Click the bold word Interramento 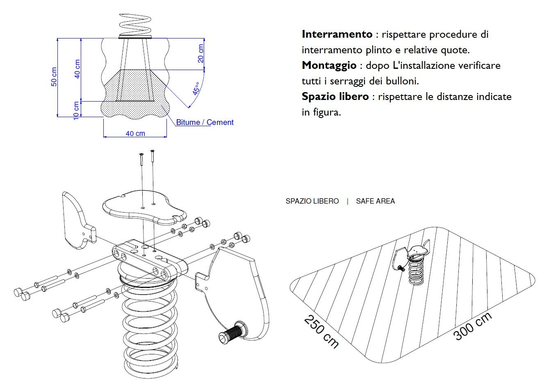(x=337, y=34)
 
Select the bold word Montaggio (x=329, y=65)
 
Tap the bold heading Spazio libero (x=335, y=97)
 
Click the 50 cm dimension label (x=54, y=77)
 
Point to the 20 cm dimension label (x=200, y=53)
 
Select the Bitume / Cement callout (x=205, y=122)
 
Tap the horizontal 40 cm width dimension (x=135, y=133)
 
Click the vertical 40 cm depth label (x=77, y=69)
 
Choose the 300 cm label (x=472, y=326)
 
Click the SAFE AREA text (x=375, y=201)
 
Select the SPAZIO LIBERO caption (x=312, y=201)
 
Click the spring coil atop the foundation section (x=135, y=25)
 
